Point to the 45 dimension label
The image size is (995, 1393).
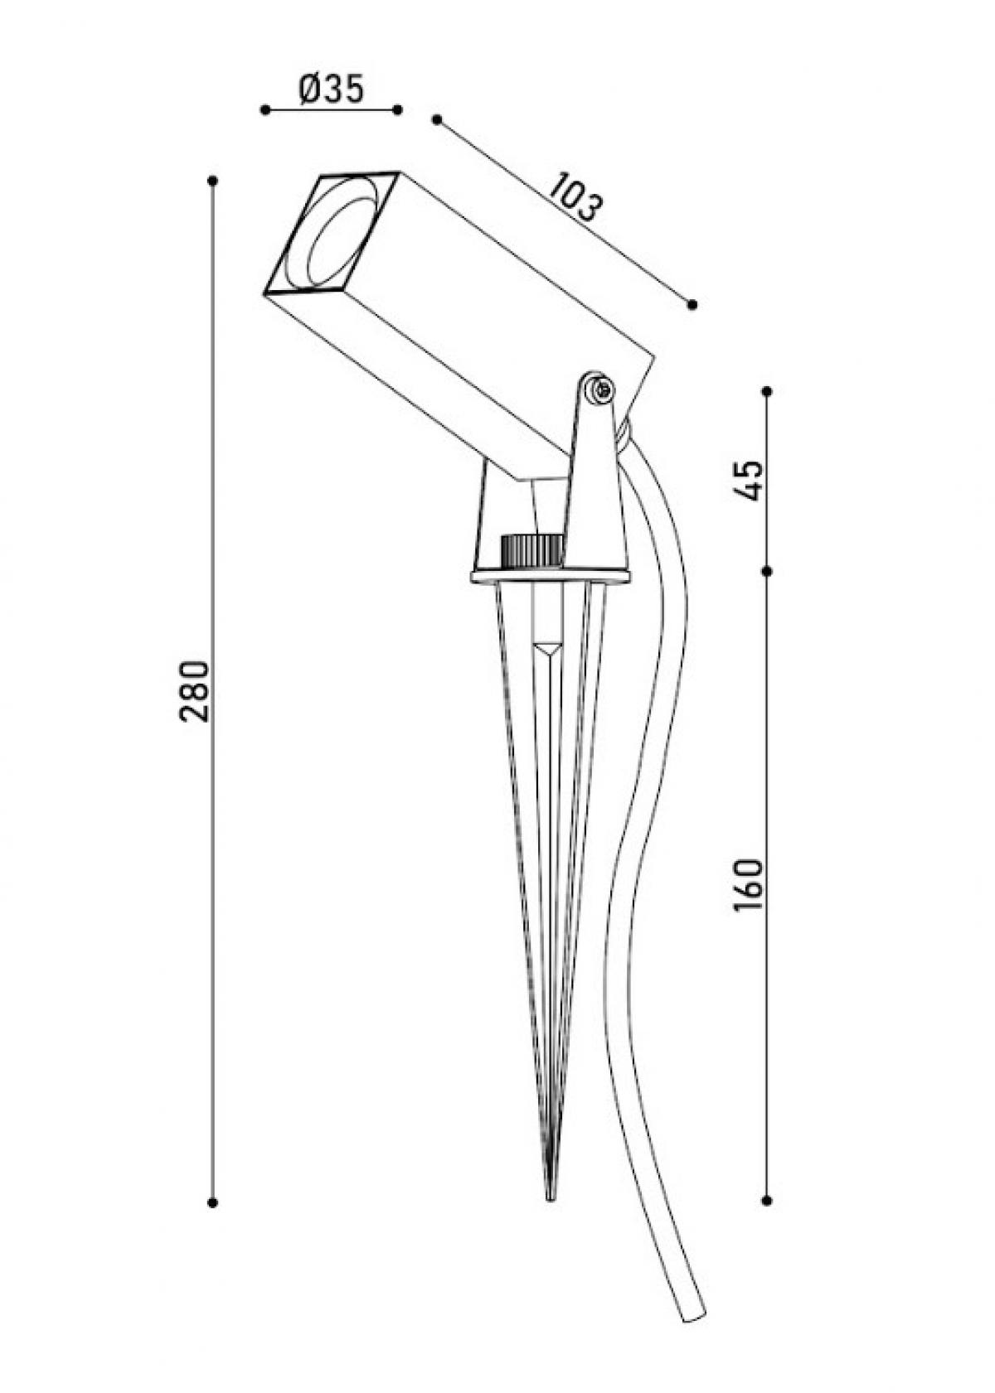748,480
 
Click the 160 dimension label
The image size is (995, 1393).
748,886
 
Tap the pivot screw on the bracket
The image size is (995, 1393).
601,389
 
